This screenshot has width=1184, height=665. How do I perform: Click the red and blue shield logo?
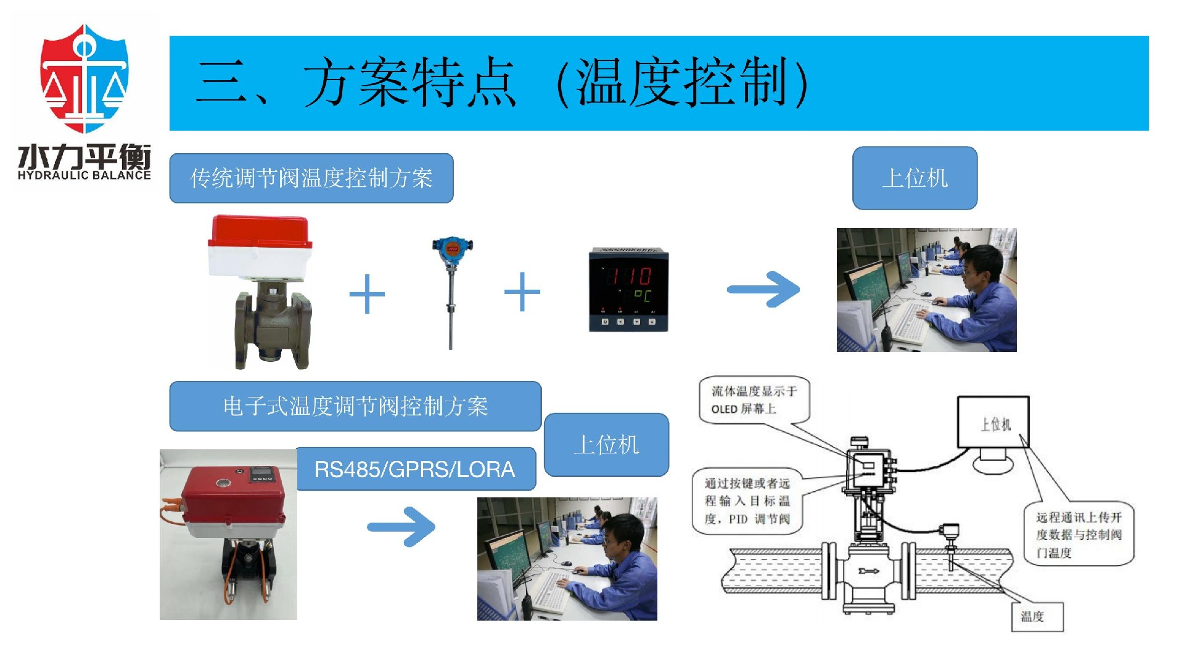click(84, 78)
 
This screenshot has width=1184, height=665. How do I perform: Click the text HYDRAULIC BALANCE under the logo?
click(84, 175)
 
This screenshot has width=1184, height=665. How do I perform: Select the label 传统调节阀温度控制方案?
click(311, 178)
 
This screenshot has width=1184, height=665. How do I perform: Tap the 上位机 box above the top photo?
click(915, 178)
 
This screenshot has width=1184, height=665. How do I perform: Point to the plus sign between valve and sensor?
click(367, 294)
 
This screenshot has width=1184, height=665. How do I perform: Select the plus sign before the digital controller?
click(522, 292)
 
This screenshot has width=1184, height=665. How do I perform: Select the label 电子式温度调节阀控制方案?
click(355, 406)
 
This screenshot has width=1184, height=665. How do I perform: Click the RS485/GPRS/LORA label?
click(414, 470)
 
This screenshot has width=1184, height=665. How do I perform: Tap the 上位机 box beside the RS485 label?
click(606, 444)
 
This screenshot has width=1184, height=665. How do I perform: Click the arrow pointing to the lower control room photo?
click(401, 526)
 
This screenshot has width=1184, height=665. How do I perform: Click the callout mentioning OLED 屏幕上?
click(754, 399)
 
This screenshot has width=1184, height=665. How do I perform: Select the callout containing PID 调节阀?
click(747, 501)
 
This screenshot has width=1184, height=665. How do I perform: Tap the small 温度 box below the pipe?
click(1037, 616)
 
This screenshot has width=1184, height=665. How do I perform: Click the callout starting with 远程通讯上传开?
click(1078, 534)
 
